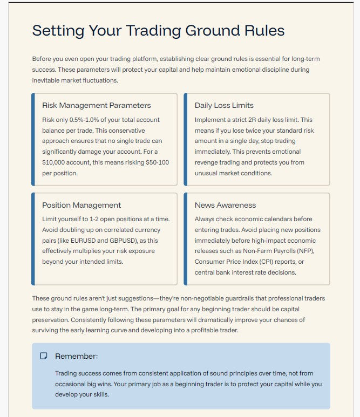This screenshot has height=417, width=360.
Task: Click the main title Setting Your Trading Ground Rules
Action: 158,30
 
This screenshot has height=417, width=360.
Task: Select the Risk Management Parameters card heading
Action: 97,106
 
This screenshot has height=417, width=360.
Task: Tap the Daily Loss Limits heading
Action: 224,106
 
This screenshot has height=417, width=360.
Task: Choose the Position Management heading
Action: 81,205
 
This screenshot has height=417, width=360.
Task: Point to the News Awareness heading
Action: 225,205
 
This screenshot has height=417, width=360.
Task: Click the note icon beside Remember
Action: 44,356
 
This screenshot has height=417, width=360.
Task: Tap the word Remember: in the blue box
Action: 77,356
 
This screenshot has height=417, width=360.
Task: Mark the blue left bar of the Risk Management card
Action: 33,139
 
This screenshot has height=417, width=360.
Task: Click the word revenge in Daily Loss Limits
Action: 207,162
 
